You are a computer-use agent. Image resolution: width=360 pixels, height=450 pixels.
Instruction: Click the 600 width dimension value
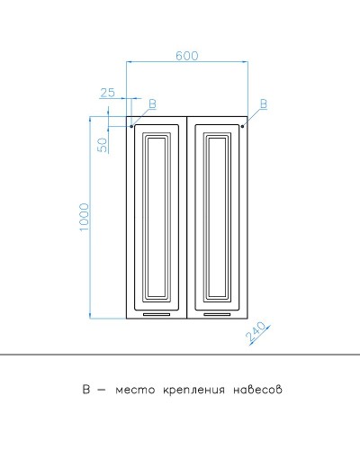[186, 56]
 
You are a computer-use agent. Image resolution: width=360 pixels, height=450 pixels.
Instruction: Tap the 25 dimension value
[108, 93]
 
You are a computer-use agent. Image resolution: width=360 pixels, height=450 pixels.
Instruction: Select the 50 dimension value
[103, 141]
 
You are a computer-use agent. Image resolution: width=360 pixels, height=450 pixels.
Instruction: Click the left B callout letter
[151, 104]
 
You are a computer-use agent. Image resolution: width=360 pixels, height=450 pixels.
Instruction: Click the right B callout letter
[263, 104]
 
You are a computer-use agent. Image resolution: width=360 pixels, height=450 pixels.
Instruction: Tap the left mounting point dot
[131, 127]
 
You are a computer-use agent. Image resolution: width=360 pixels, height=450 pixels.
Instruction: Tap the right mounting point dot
[243, 127]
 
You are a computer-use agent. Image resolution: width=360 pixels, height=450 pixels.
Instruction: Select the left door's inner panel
[157, 216]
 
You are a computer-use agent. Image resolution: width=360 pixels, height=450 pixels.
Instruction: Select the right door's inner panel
[216, 216]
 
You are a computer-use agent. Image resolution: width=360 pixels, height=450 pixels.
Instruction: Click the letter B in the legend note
[85, 390]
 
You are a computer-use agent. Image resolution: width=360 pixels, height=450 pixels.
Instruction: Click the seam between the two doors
[186, 216]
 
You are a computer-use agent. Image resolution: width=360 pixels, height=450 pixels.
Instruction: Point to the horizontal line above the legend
[180, 355]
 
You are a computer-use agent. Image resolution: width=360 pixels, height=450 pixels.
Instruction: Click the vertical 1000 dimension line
[93, 216]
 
